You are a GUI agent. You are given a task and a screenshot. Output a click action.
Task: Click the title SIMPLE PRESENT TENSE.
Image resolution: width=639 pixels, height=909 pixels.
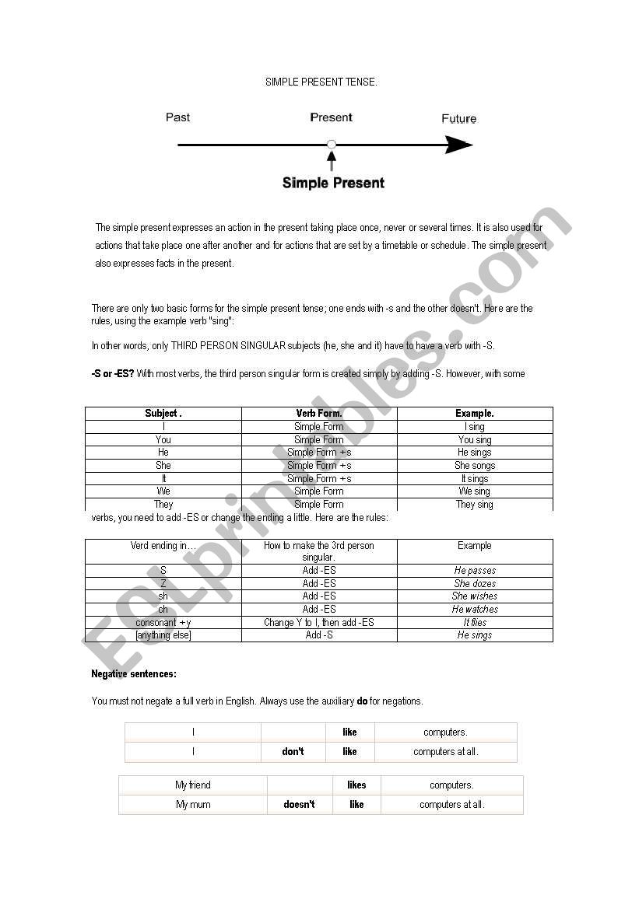pos(321,82)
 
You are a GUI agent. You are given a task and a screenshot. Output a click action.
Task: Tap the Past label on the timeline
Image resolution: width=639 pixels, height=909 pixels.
pos(177,117)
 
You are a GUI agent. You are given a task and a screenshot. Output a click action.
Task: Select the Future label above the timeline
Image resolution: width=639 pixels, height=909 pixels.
pos(458,119)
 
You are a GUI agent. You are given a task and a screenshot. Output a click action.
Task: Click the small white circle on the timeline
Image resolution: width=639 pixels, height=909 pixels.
pos(332,144)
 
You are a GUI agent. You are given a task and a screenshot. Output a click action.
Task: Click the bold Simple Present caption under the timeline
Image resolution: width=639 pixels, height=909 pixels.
pos(333,184)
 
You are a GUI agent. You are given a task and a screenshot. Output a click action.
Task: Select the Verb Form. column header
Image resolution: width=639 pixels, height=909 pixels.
pos(319,414)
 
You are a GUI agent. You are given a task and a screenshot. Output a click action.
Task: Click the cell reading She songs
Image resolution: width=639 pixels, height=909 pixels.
pos(475,466)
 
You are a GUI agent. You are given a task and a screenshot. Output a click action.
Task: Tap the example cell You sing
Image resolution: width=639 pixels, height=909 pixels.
pos(475,440)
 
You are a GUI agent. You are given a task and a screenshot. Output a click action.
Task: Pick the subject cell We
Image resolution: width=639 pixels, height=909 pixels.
pos(163,491)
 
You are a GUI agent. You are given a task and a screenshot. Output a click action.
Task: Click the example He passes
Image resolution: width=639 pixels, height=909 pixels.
pos(475,571)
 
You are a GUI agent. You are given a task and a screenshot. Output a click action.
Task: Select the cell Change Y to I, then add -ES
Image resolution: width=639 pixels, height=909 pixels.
pos(319,622)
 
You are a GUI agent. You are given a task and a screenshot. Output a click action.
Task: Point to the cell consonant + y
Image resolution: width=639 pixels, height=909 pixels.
pos(163,622)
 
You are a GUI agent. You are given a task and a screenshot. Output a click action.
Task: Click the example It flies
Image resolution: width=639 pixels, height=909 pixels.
pos(475,622)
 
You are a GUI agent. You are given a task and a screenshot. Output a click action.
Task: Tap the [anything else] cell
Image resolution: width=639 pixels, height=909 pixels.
pos(163,635)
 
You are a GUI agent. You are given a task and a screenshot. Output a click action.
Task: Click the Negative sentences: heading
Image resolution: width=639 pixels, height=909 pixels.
pos(134,674)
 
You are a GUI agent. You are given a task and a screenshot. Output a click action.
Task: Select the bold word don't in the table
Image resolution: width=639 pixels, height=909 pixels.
pos(293,752)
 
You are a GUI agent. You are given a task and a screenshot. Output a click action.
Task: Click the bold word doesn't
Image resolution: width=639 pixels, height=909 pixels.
pos(300,805)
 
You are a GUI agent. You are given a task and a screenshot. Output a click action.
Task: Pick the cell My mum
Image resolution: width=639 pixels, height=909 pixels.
pos(193,805)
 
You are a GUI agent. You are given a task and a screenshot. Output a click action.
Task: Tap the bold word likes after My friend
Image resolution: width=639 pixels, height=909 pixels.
pos(356,785)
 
